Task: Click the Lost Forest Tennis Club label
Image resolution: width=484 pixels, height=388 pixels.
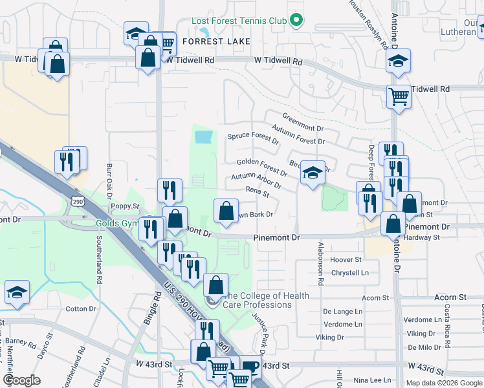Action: (x=239, y=21)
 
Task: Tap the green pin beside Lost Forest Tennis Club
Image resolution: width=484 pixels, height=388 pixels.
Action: (x=296, y=21)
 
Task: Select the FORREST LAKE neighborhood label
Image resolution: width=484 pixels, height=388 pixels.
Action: (x=215, y=41)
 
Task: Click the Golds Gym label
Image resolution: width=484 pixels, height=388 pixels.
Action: (x=118, y=224)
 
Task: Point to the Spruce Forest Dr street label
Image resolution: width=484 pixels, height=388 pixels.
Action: (x=253, y=138)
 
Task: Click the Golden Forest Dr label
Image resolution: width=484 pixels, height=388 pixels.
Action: (x=261, y=167)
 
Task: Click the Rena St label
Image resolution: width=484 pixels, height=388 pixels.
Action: (x=257, y=191)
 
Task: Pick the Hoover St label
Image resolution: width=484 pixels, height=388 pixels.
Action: (x=346, y=259)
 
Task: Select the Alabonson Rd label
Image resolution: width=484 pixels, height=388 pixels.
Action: (x=320, y=264)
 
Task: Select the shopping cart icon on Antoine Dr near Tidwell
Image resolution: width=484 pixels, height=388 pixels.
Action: (x=399, y=96)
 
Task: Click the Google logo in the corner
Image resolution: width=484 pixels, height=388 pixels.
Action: (x=21, y=380)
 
